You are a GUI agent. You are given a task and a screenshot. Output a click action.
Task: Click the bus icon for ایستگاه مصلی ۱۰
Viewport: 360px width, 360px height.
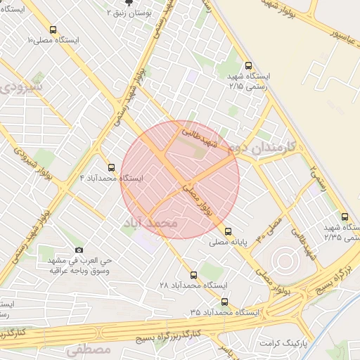(53, 30)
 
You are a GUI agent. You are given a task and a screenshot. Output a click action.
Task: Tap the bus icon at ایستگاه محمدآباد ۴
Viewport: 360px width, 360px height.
(111, 167)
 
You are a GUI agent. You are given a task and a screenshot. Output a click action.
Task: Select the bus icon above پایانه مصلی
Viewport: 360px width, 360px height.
(228, 231)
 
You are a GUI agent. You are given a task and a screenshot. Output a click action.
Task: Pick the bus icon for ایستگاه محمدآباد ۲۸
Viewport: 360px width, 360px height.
(193, 274)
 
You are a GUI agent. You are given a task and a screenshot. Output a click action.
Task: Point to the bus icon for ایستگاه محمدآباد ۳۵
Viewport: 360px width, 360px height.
(224, 301)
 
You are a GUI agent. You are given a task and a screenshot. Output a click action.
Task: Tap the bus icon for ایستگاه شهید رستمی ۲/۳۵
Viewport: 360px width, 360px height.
(344, 217)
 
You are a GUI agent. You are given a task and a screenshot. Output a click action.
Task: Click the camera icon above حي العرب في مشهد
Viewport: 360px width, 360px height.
(79, 250)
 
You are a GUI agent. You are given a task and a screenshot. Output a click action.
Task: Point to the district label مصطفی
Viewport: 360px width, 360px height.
(89, 349)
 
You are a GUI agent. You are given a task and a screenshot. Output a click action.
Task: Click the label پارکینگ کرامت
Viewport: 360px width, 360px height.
(285, 342)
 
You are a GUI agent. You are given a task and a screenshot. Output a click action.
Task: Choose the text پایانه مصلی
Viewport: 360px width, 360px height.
(229, 242)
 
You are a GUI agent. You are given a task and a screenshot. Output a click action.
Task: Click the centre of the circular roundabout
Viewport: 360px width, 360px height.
(285, 262)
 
